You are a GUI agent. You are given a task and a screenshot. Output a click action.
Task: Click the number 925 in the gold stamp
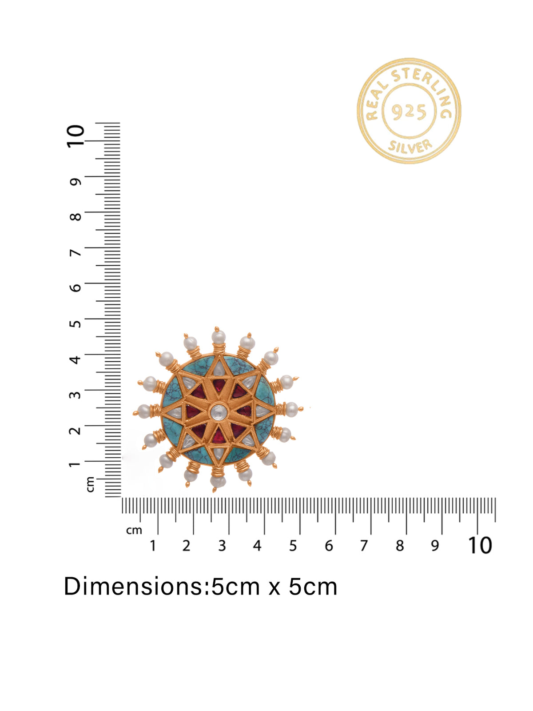409,112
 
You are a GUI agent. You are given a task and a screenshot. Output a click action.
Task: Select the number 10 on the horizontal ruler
480,546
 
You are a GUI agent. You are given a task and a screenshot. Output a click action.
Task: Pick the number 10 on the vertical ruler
76,136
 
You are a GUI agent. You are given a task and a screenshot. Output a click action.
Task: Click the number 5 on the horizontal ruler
293,546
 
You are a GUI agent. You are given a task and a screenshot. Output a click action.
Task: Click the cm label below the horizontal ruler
134,531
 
